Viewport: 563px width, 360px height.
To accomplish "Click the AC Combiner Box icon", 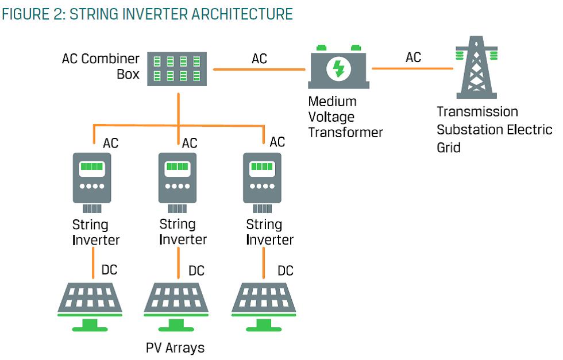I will [178, 68].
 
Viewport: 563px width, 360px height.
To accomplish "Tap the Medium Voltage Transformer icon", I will [339, 69].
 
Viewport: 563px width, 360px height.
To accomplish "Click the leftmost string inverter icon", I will [91, 179].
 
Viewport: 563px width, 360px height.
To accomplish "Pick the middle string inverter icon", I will [178, 179].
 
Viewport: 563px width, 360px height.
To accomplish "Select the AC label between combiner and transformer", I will [259, 59].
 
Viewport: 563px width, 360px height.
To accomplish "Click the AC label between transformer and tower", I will [413, 57].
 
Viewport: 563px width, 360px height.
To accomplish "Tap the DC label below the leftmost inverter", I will [109, 269].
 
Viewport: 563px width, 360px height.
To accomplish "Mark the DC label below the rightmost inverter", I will [286, 270].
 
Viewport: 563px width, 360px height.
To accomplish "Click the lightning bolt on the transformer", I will [339, 69].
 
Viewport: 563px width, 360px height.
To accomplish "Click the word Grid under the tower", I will [448, 147].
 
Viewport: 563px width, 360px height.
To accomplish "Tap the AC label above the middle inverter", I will [190, 142].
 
